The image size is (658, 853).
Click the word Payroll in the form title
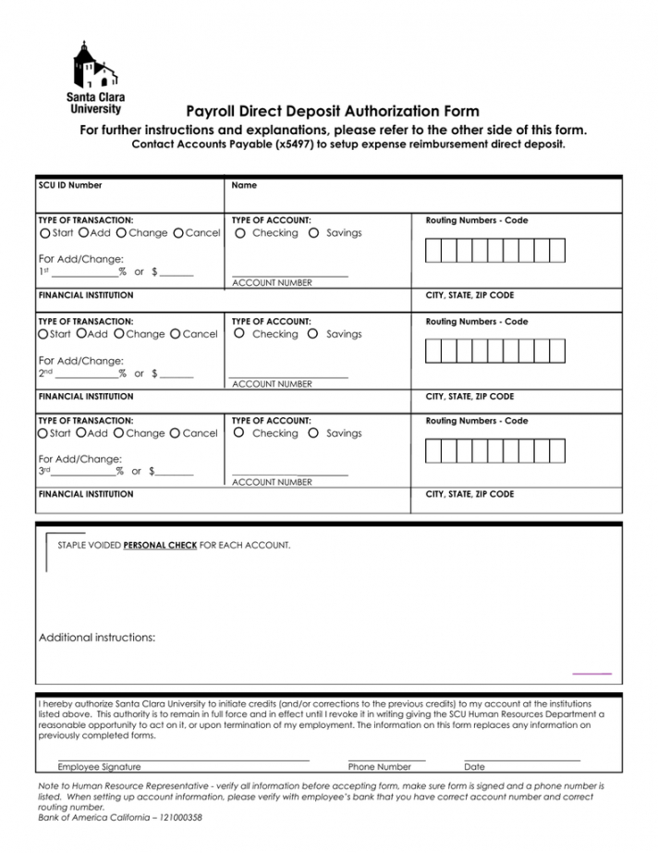click(x=213, y=111)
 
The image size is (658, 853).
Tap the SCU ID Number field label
click(x=70, y=185)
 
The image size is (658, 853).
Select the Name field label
click(x=244, y=185)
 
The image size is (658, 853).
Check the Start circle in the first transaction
click(x=44, y=233)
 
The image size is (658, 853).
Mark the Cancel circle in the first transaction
click(x=178, y=233)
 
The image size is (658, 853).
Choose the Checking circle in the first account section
click(x=240, y=233)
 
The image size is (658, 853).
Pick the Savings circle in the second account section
click(x=313, y=334)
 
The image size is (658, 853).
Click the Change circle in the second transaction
click(x=119, y=334)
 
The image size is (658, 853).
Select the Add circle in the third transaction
click(x=82, y=433)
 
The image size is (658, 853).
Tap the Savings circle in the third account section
click(x=313, y=433)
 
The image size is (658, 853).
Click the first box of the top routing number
click(x=433, y=250)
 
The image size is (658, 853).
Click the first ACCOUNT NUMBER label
click(x=272, y=283)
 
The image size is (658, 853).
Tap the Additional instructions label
click(x=97, y=637)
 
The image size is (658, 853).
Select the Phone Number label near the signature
click(x=379, y=767)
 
